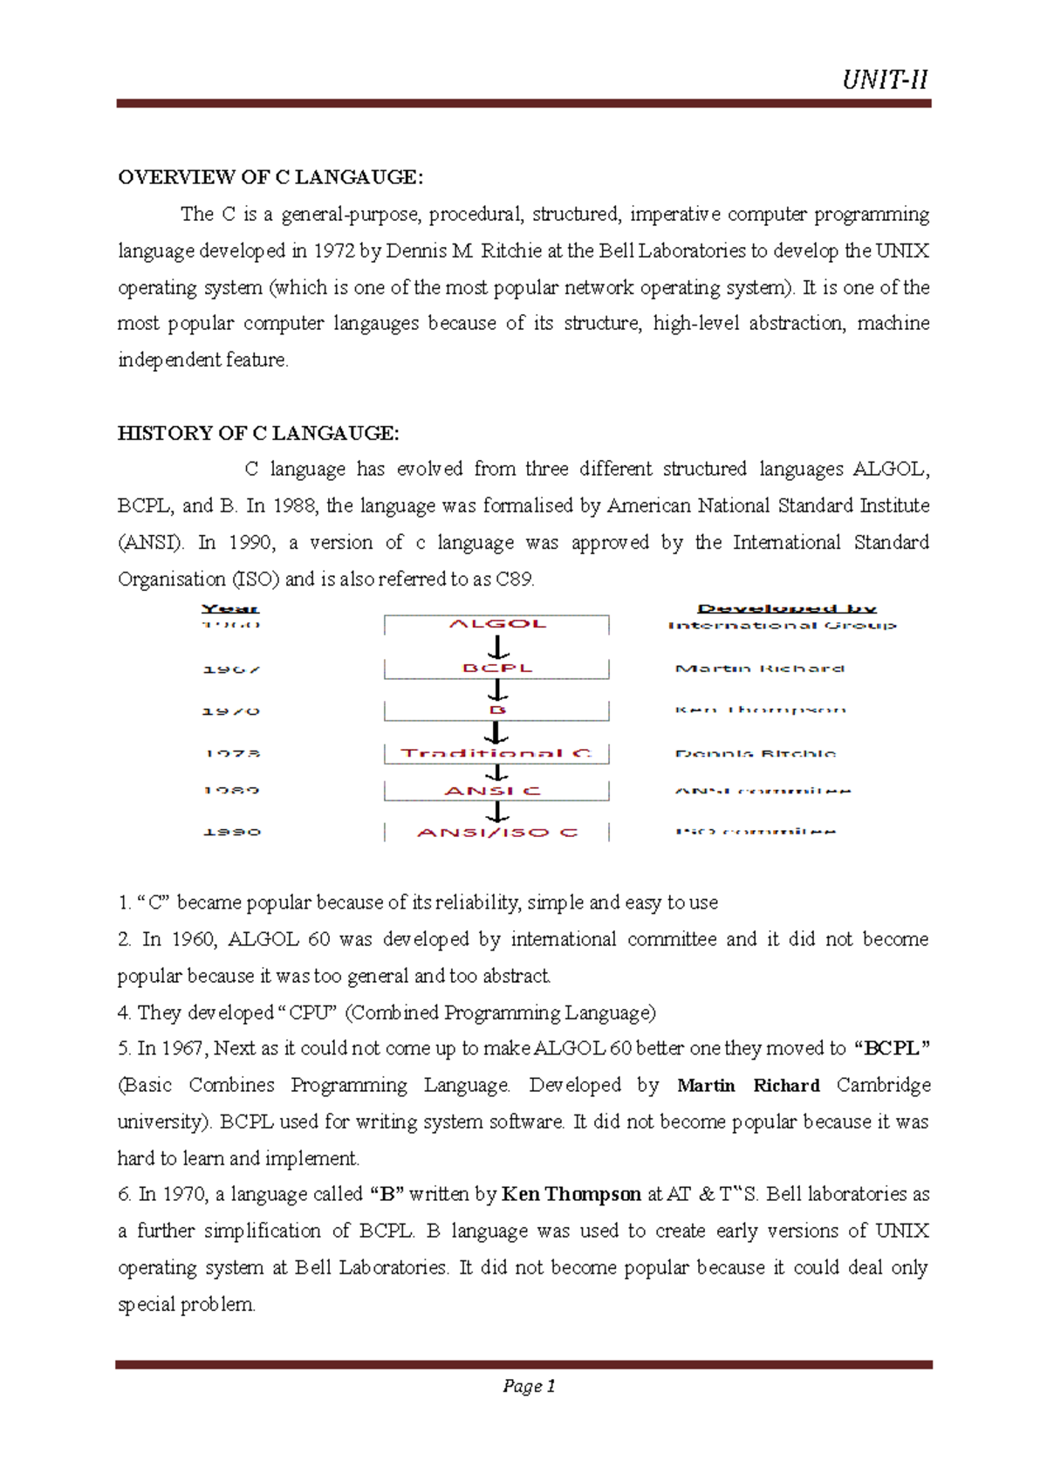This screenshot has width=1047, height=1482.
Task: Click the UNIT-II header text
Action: pyautogui.click(x=884, y=80)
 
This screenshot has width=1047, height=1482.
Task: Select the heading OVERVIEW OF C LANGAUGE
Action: pyautogui.click(x=270, y=177)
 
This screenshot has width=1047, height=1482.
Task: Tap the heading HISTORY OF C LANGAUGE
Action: pyautogui.click(x=258, y=433)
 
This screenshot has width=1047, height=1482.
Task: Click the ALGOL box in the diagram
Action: pyautogui.click(x=496, y=624)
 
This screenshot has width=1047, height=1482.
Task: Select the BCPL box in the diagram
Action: pyautogui.click(x=496, y=668)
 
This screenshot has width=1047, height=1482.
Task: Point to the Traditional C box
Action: pyautogui.click(x=496, y=752)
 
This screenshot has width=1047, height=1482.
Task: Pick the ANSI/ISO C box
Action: pyautogui.click(x=496, y=832)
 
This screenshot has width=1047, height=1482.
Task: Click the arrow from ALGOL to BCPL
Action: pyautogui.click(x=497, y=647)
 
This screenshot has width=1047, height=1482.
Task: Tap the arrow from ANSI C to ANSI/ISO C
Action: pyautogui.click(x=497, y=812)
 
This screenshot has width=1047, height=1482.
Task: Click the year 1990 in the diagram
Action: pyautogui.click(x=232, y=832)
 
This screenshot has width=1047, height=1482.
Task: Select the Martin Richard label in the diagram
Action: pyautogui.click(x=759, y=669)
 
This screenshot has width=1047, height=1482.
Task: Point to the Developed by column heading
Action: pyautogui.click(x=786, y=608)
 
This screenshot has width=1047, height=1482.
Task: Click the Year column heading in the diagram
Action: pyautogui.click(x=230, y=608)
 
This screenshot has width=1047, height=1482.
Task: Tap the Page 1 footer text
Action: pyautogui.click(x=529, y=1386)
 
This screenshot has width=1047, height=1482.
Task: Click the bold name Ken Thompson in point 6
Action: pyautogui.click(x=571, y=1194)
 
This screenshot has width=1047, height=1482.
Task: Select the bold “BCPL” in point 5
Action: pyautogui.click(x=892, y=1048)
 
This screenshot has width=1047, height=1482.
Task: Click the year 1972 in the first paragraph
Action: pyautogui.click(x=333, y=251)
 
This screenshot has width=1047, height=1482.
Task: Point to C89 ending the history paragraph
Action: pyautogui.click(x=514, y=579)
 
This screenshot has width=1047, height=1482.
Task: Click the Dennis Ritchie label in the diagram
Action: pyautogui.click(x=755, y=753)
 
